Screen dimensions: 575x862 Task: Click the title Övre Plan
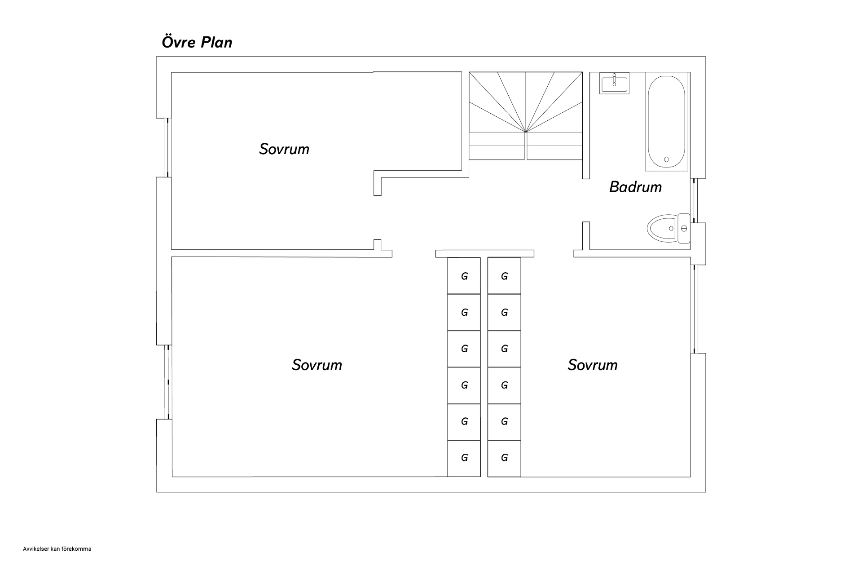(x=197, y=42)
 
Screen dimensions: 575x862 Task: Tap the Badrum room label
(x=635, y=187)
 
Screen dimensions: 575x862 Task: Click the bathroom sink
(x=614, y=83)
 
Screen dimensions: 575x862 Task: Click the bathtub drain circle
(x=666, y=159)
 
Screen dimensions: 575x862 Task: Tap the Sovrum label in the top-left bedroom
(x=284, y=149)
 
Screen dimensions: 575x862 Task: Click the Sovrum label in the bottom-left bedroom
(x=317, y=365)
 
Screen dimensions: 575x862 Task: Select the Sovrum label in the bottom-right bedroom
(x=593, y=365)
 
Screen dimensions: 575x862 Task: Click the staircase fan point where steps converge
(x=525, y=132)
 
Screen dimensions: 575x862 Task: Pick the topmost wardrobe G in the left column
(x=464, y=276)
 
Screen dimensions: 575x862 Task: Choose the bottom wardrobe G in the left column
(x=464, y=458)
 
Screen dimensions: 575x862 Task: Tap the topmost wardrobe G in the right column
(x=504, y=276)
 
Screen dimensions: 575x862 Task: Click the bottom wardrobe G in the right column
(x=504, y=458)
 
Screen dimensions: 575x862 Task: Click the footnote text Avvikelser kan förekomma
(x=57, y=549)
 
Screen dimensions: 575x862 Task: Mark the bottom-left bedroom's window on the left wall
(x=168, y=382)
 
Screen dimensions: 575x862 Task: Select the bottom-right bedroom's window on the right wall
(x=695, y=309)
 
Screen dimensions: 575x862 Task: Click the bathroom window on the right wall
(x=695, y=200)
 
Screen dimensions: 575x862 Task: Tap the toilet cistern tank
(x=684, y=228)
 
